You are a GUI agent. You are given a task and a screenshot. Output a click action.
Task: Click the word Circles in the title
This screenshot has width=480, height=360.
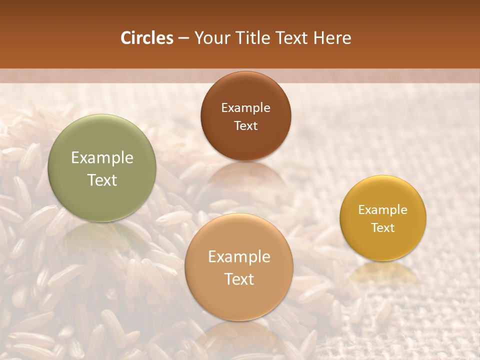(146, 38)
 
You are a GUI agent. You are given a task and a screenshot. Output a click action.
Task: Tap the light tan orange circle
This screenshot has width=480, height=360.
(239, 295)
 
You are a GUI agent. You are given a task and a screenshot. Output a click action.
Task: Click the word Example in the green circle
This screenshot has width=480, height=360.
(102, 158)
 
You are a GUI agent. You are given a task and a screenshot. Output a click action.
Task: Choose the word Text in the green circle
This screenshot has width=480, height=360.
(102, 180)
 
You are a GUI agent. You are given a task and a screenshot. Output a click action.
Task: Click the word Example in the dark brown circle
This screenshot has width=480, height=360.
(245, 108)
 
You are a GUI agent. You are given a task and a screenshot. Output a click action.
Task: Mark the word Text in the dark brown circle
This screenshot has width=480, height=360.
(245, 125)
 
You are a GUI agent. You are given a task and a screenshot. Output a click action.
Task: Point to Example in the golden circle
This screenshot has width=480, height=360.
(383, 210)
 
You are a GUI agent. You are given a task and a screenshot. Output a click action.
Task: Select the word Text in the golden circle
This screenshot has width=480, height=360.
(383, 227)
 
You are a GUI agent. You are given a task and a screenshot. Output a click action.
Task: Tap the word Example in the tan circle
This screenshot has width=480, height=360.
(239, 257)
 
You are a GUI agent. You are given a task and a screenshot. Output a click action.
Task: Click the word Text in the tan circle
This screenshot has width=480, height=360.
(239, 279)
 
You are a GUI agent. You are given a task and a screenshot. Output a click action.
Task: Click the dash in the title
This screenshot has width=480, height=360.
(183, 38)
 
